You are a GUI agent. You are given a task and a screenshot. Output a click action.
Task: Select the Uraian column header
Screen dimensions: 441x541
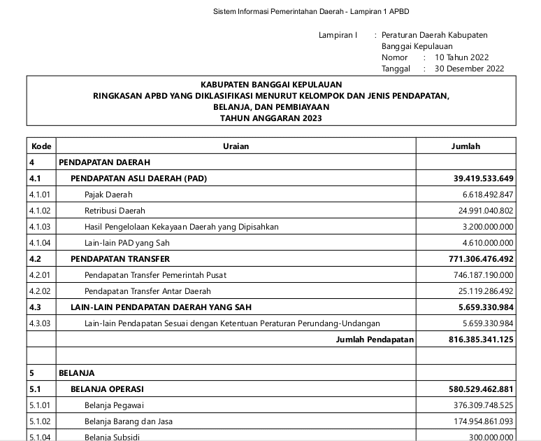236,146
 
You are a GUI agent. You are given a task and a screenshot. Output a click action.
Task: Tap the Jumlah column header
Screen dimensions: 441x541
466,146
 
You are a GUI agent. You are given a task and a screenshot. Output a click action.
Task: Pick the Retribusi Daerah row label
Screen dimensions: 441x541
115,211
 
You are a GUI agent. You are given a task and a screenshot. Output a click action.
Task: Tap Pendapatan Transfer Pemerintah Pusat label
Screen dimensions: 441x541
154,275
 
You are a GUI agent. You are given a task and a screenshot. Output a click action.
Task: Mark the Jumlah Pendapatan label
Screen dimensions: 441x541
375,339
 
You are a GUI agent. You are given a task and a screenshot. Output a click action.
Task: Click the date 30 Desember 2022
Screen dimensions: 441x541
469,69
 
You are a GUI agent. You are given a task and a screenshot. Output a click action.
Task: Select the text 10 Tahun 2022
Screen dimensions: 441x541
461,57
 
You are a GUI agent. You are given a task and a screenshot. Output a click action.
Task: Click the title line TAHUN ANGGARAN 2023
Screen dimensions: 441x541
271,118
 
